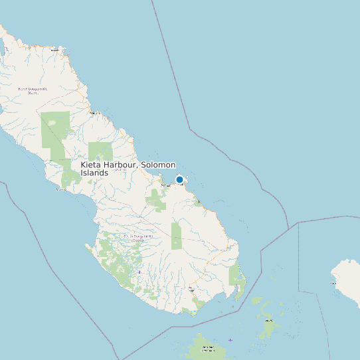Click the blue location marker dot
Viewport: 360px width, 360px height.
[x=179, y=179]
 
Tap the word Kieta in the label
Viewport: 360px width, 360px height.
[x=92, y=165]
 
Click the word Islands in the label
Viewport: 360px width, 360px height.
[x=94, y=173]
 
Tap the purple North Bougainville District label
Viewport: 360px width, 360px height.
[x=32, y=90]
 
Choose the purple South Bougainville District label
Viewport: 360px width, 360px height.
[x=137, y=237]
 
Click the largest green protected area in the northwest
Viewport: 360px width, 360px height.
[x=54, y=130]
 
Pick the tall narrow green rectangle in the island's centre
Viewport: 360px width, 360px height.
[x=176, y=235]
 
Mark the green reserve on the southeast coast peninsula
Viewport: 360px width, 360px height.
[x=236, y=275]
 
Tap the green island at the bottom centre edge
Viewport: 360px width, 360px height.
[x=203, y=348]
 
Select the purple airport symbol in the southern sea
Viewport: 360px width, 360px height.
[x=230, y=340]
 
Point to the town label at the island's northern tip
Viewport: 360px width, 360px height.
[x=56, y=50]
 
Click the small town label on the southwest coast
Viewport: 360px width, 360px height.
[x=61, y=189]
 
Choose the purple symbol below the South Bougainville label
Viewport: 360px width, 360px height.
[x=139, y=272]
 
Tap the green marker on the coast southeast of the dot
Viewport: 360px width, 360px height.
[x=199, y=201]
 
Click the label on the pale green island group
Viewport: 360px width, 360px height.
[x=269, y=321]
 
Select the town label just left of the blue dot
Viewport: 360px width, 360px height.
[x=166, y=185]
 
